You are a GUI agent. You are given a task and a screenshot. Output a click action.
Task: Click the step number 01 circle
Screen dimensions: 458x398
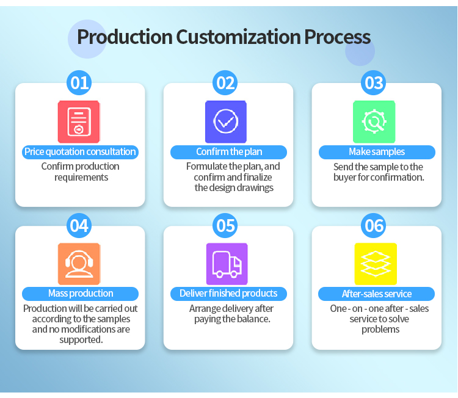pos(79,82)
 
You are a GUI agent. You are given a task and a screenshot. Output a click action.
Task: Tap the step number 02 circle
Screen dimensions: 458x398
pos(225,82)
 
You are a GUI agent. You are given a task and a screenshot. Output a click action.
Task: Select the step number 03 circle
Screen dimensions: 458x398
pos(373,82)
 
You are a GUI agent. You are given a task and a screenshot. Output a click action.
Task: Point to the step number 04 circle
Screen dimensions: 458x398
pos(79,225)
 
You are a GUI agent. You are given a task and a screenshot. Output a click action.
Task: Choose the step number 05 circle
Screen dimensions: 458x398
pos(225,225)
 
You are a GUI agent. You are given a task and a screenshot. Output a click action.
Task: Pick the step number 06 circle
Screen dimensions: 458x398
pos(373,225)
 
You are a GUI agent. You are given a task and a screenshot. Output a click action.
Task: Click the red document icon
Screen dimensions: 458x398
pos(79,121)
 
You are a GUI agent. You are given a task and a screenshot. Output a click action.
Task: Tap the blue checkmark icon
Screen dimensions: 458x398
pos(226,121)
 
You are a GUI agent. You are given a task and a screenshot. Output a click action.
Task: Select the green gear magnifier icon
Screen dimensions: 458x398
pos(374,121)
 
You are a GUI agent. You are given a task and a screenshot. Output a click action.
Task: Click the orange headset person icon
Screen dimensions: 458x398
pos(79,264)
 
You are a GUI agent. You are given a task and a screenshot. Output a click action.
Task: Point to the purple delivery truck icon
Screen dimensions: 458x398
pos(227,264)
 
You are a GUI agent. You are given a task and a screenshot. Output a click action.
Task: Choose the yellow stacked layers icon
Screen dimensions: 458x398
pos(376,264)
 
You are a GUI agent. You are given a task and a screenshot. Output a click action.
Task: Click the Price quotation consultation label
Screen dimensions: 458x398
pos(81,152)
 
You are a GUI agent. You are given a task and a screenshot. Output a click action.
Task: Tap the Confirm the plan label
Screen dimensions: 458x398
pos(229,152)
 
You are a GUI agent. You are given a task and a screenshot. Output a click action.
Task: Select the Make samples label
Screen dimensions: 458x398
pos(377,152)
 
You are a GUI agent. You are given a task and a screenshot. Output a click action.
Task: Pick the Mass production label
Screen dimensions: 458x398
pos(81,294)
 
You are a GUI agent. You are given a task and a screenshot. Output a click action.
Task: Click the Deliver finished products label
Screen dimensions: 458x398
pos(229,294)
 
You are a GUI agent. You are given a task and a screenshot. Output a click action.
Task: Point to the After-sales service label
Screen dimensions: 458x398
pos(377,294)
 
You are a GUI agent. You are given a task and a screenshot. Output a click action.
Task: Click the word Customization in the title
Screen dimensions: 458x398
pos(238,37)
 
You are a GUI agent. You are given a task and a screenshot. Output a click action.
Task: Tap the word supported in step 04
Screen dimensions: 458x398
pos(81,340)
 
